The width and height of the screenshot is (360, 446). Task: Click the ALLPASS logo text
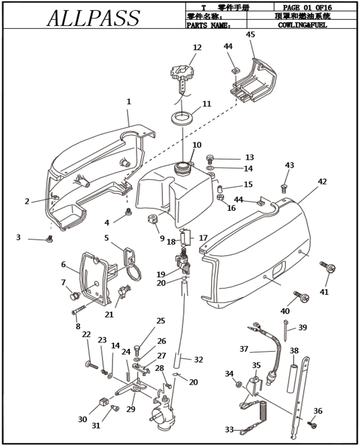93,18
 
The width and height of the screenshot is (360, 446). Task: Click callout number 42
322,181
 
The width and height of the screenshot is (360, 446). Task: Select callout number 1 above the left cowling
129,102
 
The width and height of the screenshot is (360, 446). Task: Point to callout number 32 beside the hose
198,360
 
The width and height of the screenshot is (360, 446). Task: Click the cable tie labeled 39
286,329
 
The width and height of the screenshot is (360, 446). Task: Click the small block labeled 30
102,403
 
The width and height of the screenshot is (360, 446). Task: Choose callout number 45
250,35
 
